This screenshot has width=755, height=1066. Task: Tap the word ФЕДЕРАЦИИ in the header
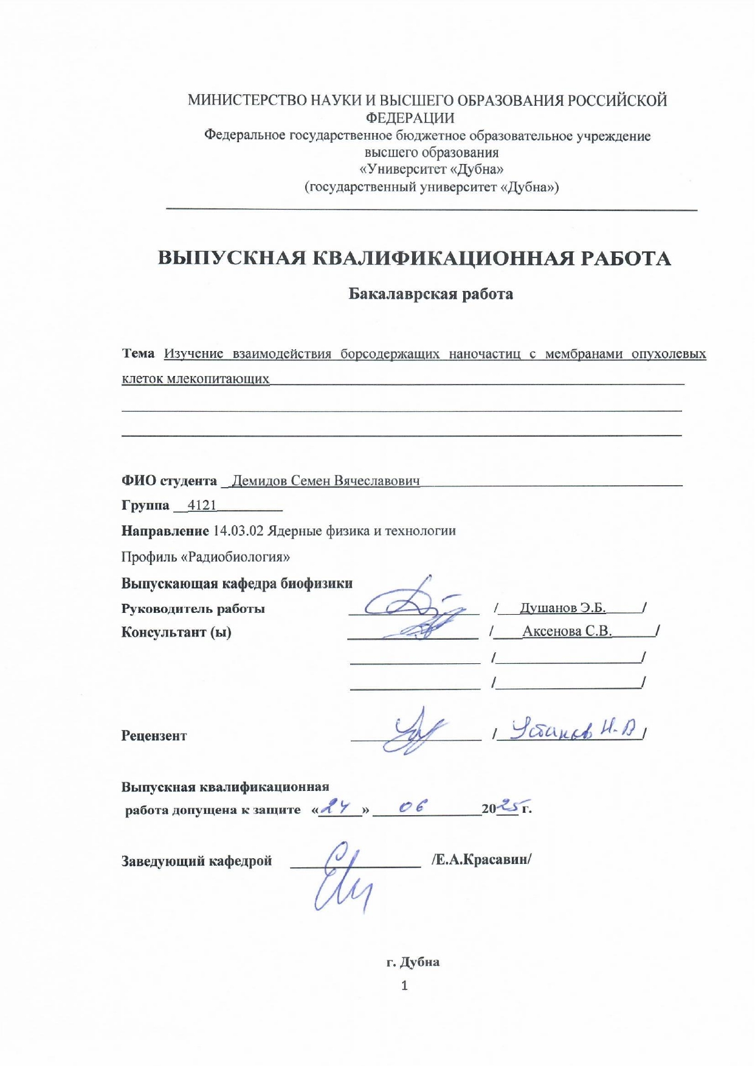point(410,118)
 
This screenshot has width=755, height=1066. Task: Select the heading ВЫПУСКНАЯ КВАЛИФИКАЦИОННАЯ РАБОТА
point(414,258)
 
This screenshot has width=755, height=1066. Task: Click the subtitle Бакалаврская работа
point(430,294)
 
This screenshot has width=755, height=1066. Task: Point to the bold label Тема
point(138,354)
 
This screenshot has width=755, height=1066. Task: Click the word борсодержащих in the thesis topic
point(389,354)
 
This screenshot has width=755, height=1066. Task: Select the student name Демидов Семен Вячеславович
point(326,481)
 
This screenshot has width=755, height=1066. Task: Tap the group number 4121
point(202,505)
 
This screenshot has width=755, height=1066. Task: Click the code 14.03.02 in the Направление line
point(238,531)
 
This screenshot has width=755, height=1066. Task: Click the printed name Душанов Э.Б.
point(562,608)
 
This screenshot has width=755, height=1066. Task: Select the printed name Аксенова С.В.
point(567,632)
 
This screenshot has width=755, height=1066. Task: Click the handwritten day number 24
point(337,807)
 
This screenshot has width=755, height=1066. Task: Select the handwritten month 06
point(413,807)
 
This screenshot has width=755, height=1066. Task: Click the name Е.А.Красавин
point(481,860)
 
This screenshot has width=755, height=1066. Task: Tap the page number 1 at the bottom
point(404,985)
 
